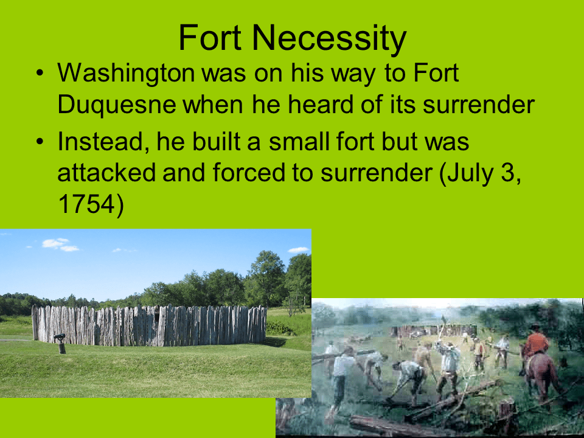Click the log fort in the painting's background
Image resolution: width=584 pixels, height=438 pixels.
[420, 330]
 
